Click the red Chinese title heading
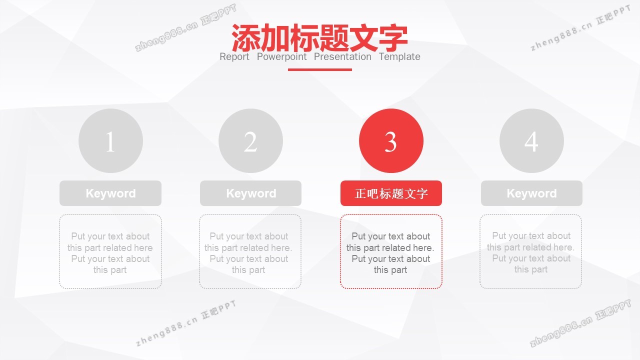pos(319,37)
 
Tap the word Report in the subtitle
pos(234,57)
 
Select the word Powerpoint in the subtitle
pos(281,57)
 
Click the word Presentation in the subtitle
pos(342,57)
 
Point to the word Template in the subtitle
pos(399,57)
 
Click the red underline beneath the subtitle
pos(319,69)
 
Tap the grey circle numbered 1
pos(110,140)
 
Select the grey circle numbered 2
pos(250,140)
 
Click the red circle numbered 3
pos(391,140)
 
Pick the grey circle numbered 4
pos(531,140)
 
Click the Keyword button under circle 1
pos(110,193)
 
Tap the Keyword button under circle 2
pos(250,193)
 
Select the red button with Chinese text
pos(391,193)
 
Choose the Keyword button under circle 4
pos(531,193)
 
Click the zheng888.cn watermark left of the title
pos(185,27)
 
